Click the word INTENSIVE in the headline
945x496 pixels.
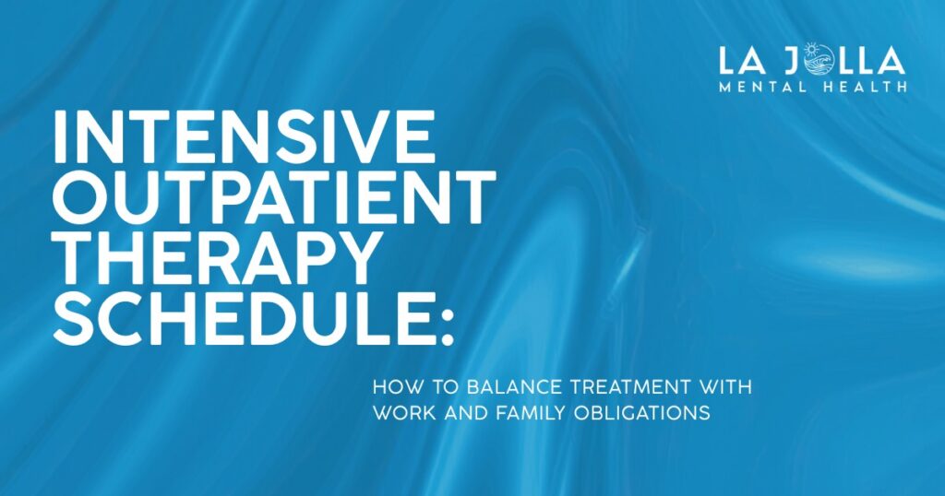coord(245,136)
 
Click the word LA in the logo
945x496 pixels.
coord(744,62)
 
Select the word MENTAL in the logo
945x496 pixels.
coord(765,87)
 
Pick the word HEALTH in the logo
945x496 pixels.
coord(863,87)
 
